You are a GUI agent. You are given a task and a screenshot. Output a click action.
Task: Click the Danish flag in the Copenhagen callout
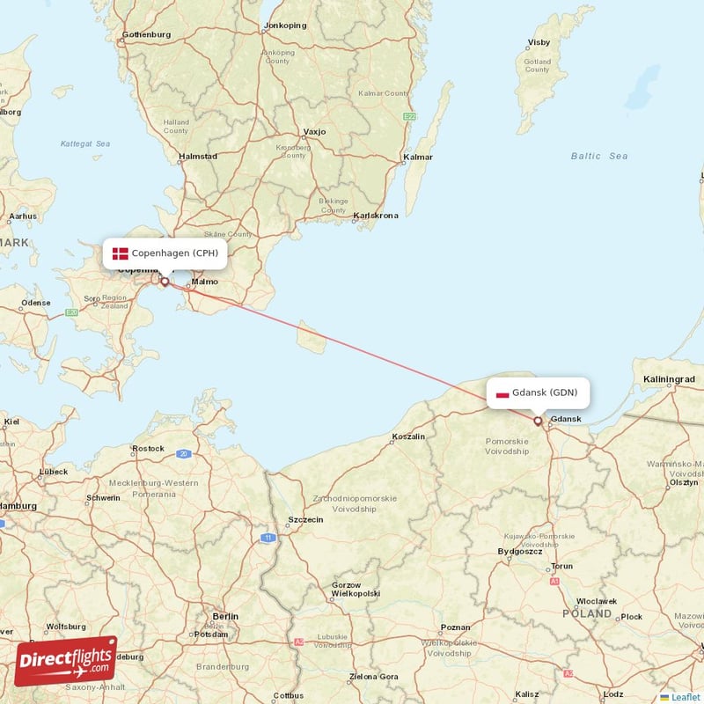click(121, 253)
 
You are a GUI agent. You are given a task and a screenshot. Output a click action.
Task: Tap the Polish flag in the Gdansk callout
click(502, 393)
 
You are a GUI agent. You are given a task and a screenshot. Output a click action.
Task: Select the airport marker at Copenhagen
click(165, 282)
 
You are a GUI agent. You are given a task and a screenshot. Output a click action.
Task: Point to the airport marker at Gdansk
click(538, 421)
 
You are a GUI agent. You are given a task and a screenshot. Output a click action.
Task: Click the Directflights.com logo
click(65, 660)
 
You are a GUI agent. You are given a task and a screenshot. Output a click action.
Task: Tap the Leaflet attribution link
click(683, 697)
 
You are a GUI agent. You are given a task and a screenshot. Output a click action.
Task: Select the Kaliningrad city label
click(670, 379)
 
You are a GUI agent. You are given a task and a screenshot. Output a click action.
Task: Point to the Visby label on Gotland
click(538, 42)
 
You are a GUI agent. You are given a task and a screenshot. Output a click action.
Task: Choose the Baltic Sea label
click(599, 156)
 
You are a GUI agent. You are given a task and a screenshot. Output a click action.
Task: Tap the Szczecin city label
click(307, 519)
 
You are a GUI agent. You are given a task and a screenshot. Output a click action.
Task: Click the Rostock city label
click(148, 448)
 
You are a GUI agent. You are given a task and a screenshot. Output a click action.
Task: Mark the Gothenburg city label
click(146, 35)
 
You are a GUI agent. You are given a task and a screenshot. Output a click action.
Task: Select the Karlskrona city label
click(376, 216)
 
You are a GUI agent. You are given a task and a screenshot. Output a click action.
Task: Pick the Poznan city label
click(455, 627)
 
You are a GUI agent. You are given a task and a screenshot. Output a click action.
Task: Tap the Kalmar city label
click(418, 158)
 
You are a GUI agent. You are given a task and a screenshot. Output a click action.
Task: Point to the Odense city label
click(36, 303)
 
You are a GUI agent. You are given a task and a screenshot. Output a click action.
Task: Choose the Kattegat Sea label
click(85, 143)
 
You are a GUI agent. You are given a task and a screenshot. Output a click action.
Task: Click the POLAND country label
click(587, 613)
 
